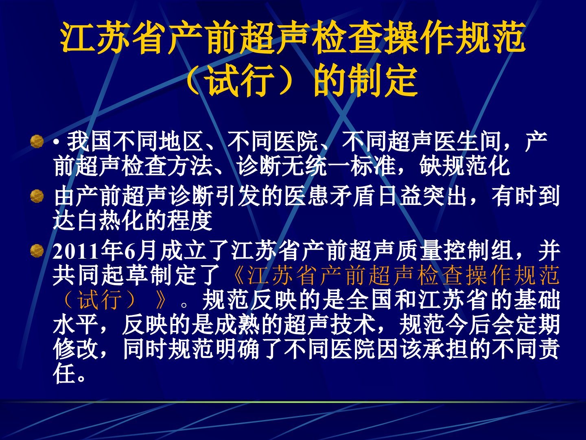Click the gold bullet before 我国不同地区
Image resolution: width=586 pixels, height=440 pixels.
(37, 142)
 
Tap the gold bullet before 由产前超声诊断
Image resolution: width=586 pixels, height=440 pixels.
(37, 196)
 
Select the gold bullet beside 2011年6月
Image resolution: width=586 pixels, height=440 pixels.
(37, 251)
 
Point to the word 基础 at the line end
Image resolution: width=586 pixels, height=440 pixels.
(537, 300)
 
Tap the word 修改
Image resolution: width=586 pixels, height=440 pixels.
(76, 350)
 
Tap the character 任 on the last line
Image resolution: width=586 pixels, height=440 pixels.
(64, 374)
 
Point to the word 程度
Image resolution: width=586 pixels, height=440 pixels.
(190, 221)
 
